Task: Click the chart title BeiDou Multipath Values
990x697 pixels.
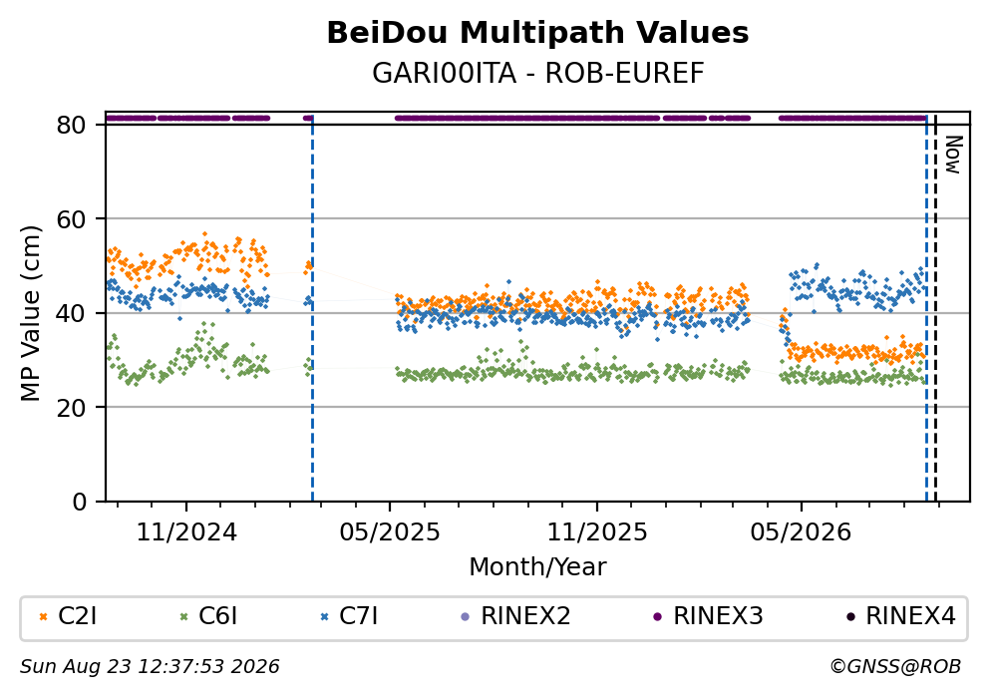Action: pyautogui.click(x=537, y=33)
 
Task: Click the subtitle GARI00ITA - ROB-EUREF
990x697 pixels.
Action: pyautogui.click(x=537, y=73)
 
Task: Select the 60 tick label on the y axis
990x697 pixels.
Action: pyautogui.click(x=71, y=219)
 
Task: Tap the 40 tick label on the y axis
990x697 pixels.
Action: pyautogui.click(x=71, y=313)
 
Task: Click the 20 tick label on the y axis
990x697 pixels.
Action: pyautogui.click(x=71, y=407)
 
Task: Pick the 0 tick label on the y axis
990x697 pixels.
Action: pyautogui.click(x=79, y=502)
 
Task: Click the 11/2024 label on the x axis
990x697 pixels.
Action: pyautogui.click(x=186, y=532)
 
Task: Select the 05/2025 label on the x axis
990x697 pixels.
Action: pyautogui.click(x=390, y=532)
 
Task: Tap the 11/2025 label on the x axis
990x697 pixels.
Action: pyautogui.click(x=596, y=532)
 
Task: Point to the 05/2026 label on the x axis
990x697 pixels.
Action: pyautogui.click(x=801, y=532)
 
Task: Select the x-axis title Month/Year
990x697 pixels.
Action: pyautogui.click(x=537, y=567)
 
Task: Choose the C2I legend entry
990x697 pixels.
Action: pyautogui.click(x=68, y=615)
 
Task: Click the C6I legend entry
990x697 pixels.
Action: pyautogui.click(x=208, y=615)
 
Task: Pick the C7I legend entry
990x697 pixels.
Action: pyautogui.click(x=349, y=615)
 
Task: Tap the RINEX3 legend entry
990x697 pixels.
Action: pyautogui.click(x=708, y=615)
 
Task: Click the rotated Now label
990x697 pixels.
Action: pyautogui.click(x=953, y=155)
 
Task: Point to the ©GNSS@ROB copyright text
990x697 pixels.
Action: pyautogui.click(x=895, y=667)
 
